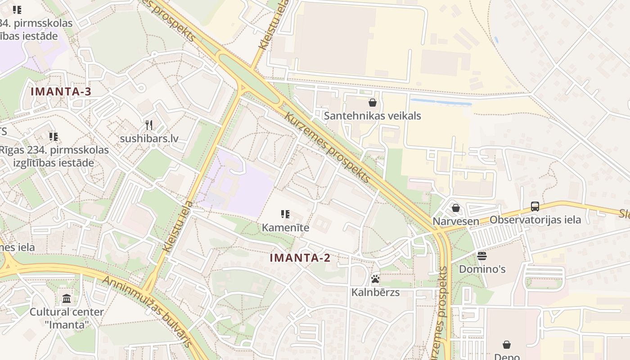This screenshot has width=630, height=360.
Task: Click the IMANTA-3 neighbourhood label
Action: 61,92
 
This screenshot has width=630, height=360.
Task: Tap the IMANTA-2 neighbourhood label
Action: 300,258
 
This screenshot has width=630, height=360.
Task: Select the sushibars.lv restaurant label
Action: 149,138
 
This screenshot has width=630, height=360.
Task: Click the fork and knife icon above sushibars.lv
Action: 149,125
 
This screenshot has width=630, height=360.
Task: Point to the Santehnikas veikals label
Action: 373,116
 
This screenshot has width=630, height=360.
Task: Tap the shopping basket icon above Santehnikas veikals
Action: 373,103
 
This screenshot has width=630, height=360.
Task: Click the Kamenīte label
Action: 285,227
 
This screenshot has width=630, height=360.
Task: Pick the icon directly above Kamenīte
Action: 285,214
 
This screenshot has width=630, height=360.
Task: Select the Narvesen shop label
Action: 456,221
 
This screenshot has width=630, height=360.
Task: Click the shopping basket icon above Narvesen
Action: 456,208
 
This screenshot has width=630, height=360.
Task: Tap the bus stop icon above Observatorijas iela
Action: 535,207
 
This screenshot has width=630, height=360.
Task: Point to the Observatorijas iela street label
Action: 535,220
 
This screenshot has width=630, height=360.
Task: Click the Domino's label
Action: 482,269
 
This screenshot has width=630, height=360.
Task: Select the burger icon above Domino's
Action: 482,256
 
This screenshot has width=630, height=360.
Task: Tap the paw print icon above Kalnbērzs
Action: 375,279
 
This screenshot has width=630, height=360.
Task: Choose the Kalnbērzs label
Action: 375,292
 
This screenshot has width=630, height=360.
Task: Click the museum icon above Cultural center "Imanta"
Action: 67,298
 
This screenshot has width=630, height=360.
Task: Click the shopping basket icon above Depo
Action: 507,345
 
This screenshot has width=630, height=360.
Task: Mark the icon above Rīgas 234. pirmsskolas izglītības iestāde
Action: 54,136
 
